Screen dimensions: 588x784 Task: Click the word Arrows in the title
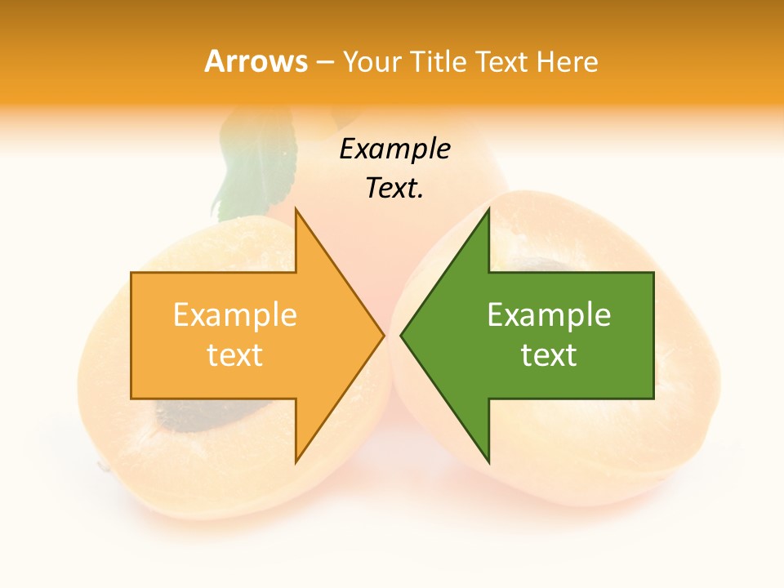256,61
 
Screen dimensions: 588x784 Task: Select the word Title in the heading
439,61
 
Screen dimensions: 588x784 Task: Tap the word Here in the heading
568,61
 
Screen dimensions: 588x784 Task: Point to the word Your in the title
371,61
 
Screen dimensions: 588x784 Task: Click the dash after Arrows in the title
324,62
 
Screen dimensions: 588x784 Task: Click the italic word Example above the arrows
394,149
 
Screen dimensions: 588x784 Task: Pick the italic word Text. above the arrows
394,189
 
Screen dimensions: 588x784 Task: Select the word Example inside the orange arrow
234,314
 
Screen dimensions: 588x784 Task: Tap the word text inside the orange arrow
234,354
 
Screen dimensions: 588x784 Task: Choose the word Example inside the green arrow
549,314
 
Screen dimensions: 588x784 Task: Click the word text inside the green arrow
549,354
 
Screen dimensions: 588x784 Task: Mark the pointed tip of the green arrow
402,335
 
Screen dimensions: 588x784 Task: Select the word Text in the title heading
501,61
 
